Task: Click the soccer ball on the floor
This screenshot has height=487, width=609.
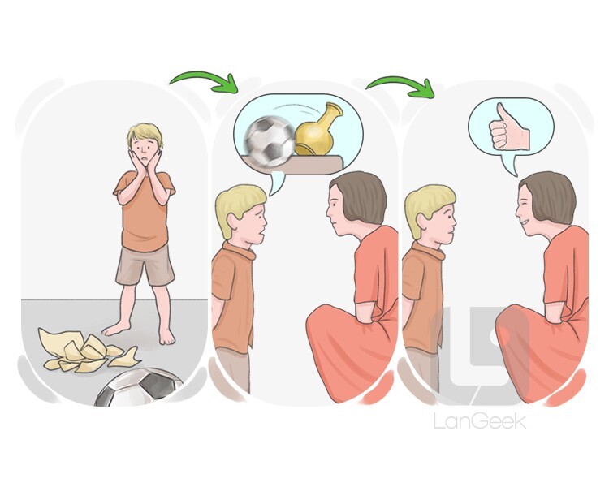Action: coord(138,387)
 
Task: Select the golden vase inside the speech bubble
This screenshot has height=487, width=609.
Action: coord(317,131)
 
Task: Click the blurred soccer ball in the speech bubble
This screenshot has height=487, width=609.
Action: coord(270,141)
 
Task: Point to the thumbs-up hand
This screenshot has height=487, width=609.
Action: coord(508,128)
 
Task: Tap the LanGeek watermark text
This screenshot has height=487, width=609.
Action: coord(480,421)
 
